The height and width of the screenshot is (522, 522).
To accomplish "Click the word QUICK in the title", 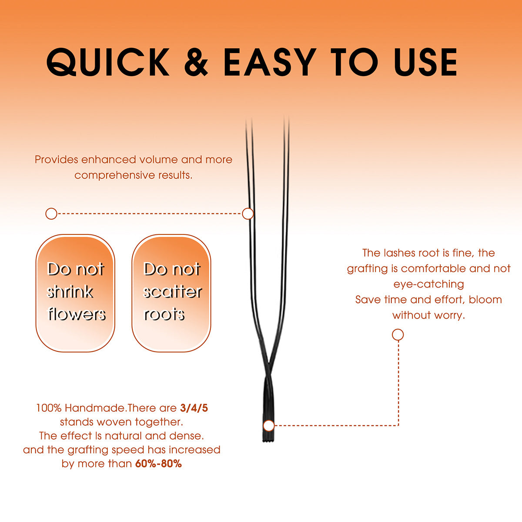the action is [107, 62].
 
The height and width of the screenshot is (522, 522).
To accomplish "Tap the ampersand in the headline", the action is [196, 62].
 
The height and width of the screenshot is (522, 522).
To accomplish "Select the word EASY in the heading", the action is [270, 62].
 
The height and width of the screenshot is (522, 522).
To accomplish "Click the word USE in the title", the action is [425, 62].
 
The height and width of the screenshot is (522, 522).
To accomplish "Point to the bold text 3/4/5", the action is [194, 408].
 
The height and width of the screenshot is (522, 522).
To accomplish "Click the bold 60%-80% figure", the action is [158, 464].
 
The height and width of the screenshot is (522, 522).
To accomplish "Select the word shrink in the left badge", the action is [70, 291].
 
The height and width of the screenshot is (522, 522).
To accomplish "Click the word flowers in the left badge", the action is [77, 314].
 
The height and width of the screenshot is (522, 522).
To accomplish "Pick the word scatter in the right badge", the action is [173, 292].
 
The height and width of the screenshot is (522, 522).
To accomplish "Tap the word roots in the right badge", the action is [164, 314].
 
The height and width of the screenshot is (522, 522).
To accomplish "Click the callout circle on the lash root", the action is [269, 425].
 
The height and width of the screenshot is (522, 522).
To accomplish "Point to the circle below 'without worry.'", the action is [398, 335].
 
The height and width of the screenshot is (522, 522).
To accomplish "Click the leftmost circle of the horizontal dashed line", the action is [51, 214].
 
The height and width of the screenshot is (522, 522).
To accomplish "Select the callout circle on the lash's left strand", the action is [248, 214].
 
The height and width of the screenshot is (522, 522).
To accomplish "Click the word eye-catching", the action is [428, 284].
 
